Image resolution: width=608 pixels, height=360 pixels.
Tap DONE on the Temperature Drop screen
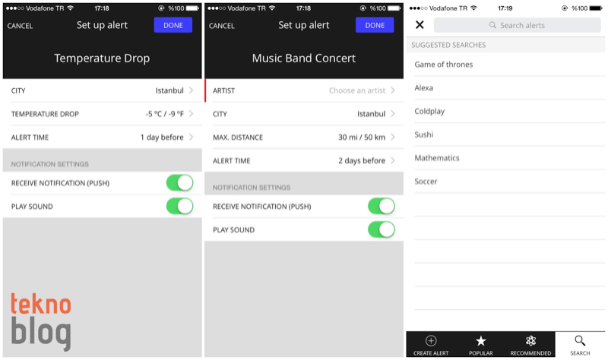tap(173, 25)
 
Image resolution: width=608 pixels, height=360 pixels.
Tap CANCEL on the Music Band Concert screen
tap(221, 26)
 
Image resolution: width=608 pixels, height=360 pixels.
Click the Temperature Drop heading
tap(102, 58)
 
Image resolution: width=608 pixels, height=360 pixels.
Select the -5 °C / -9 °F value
tap(165, 114)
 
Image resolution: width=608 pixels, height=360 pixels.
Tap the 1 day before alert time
tap(162, 137)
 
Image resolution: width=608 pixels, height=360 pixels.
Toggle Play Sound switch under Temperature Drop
tap(180, 206)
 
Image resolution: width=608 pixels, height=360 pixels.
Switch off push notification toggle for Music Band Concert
tap(382, 206)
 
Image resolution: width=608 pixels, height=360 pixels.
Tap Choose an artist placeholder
tap(357, 90)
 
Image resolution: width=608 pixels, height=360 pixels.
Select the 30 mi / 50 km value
tap(362, 137)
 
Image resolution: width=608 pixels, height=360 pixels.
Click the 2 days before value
tap(362, 160)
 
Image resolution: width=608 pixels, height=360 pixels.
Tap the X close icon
tap(420, 25)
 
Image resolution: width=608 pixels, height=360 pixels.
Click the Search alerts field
tap(518, 25)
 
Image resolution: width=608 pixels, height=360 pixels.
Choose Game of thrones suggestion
tap(444, 65)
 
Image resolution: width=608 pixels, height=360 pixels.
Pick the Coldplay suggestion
tap(429, 111)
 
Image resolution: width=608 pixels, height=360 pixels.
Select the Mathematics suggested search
tap(437, 158)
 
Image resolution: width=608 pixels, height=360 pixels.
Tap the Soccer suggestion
tap(426, 182)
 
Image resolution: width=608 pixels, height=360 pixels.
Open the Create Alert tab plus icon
tap(431, 340)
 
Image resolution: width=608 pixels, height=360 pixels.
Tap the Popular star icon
tap(481, 340)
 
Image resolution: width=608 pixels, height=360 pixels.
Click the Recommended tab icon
tap(530, 340)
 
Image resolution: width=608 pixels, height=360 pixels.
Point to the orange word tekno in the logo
tap(41, 303)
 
